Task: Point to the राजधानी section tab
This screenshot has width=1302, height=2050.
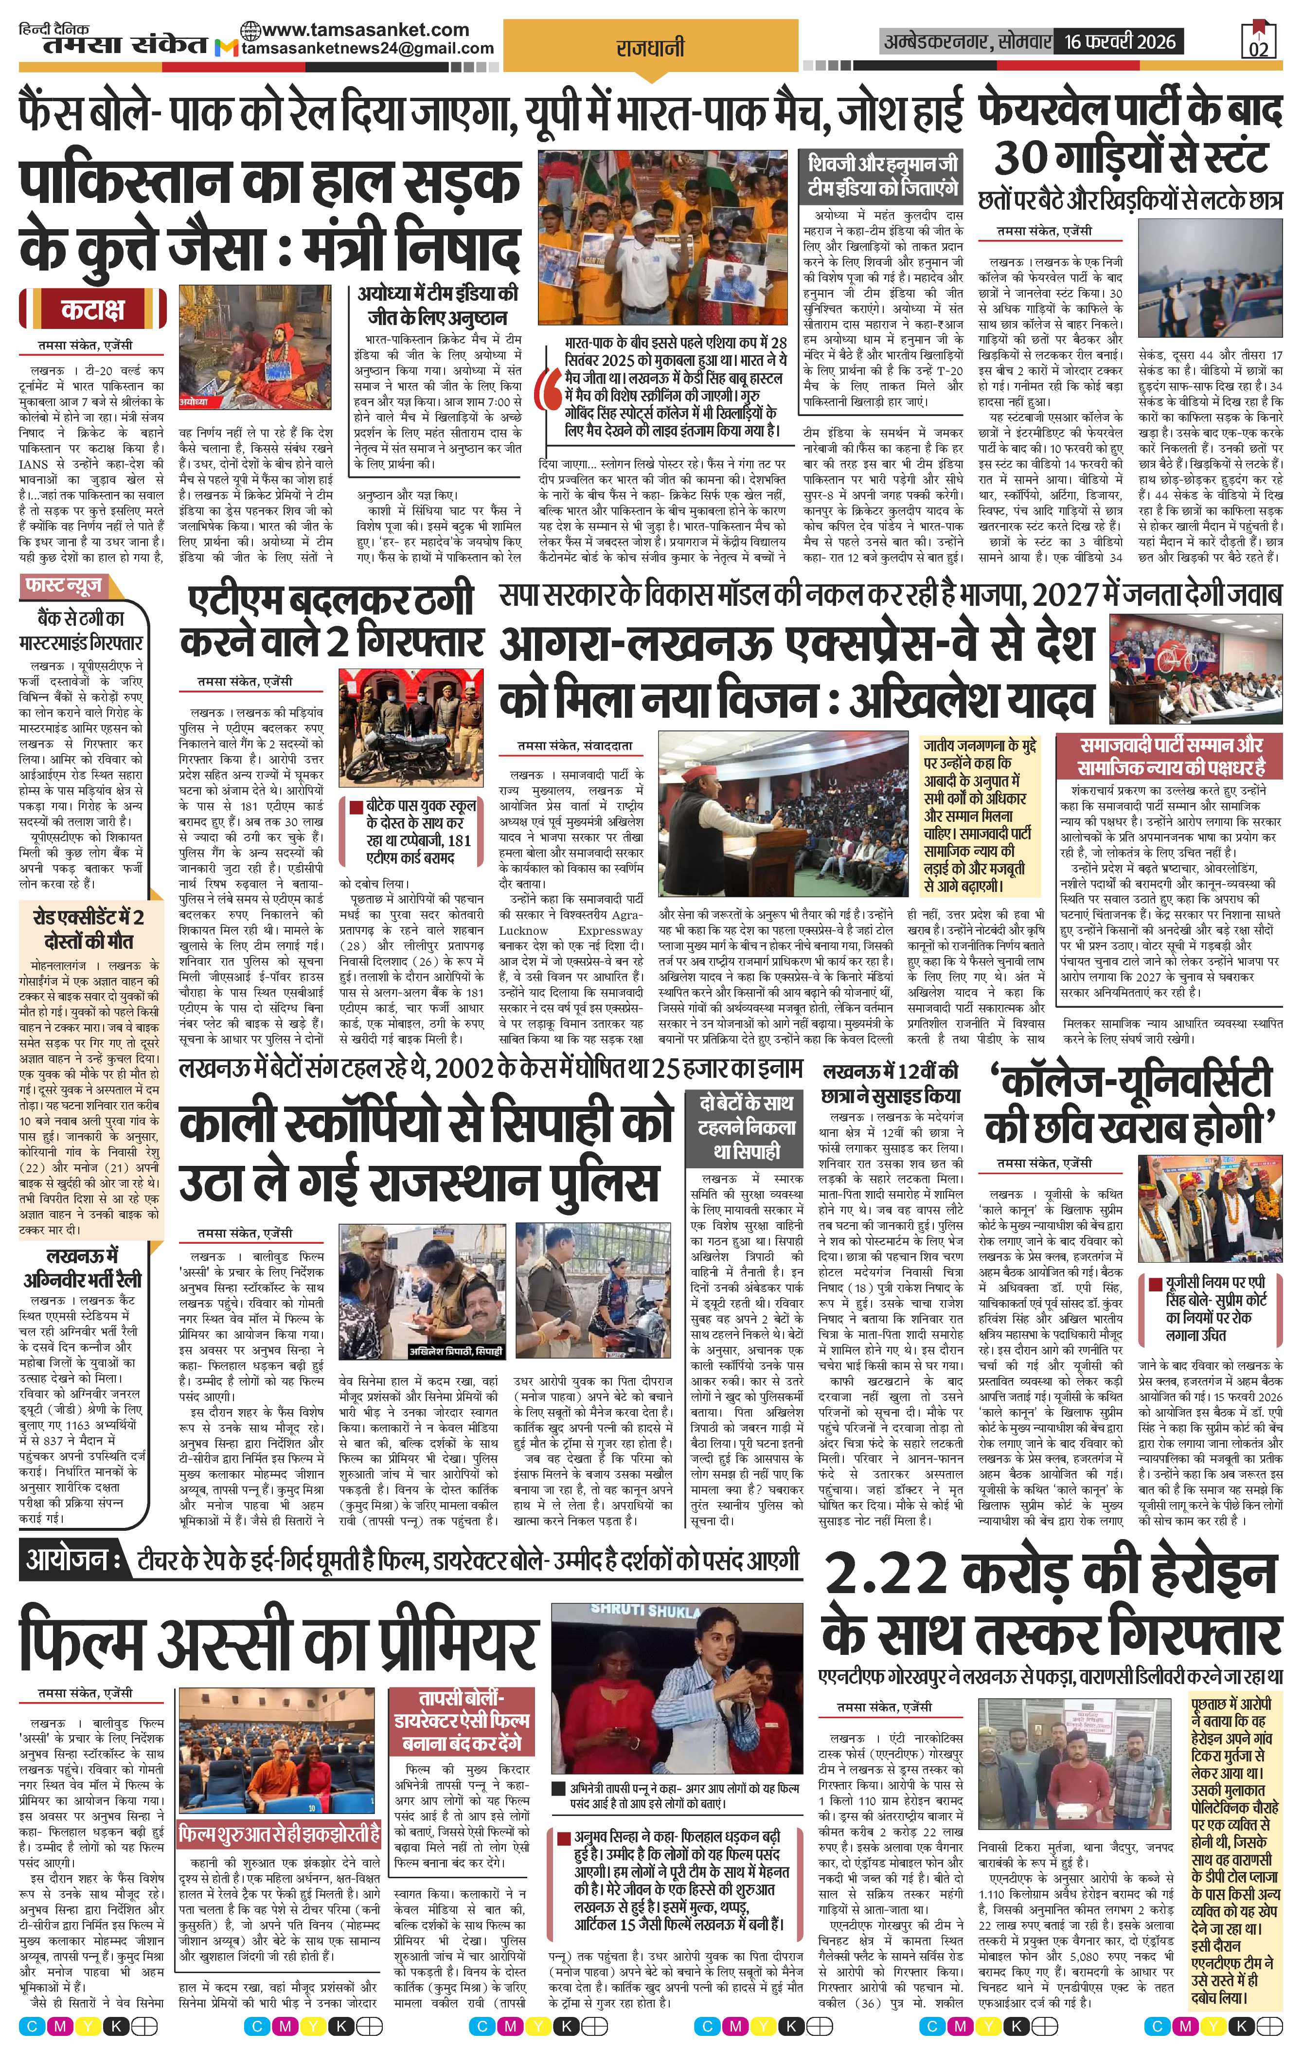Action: [650, 49]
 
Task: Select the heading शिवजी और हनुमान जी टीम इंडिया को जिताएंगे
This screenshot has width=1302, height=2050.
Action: [884, 175]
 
